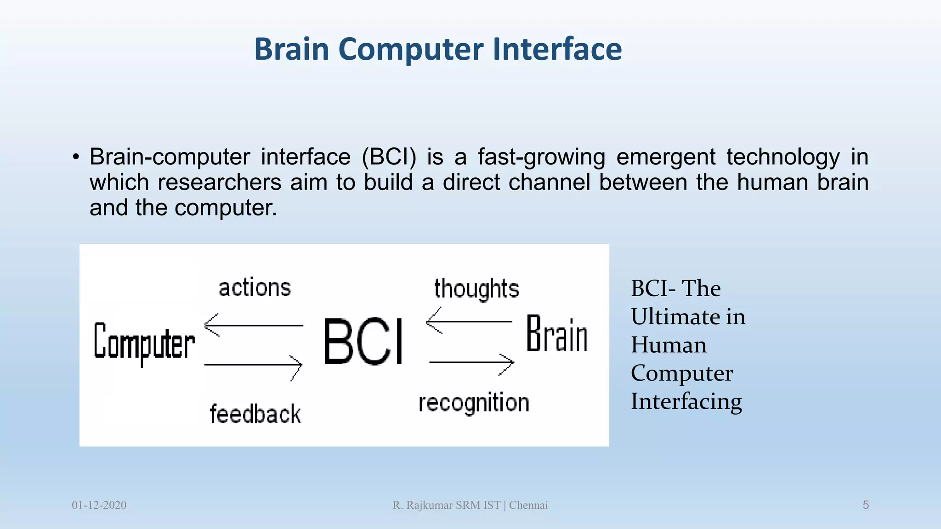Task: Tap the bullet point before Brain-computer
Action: (x=76, y=158)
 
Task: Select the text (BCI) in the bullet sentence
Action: (x=389, y=157)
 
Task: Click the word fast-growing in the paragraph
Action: (x=541, y=157)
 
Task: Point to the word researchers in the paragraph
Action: (x=219, y=182)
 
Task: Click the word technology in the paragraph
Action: (x=783, y=157)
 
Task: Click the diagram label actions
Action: (x=255, y=288)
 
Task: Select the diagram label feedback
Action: (x=255, y=414)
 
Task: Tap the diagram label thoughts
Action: (x=476, y=289)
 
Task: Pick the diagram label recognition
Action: (x=474, y=403)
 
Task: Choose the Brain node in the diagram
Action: (x=556, y=335)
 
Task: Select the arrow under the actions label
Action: (x=253, y=325)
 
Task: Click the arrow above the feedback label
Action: (x=253, y=365)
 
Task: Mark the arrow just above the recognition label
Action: (x=471, y=363)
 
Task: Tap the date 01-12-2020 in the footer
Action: (x=99, y=505)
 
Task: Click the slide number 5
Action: (x=866, y=505)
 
